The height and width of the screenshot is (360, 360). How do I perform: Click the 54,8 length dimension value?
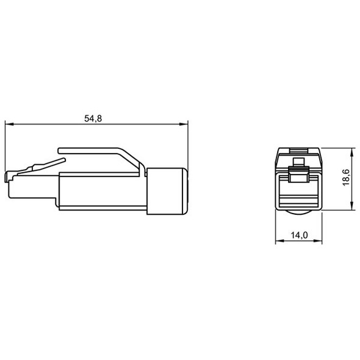pyautogui.click(x=92, y=118)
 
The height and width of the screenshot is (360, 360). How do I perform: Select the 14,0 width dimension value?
pyautogui.click(x=298, y=234)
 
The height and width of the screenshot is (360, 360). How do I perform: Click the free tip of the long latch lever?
pyautogui.click(x=59, y=148)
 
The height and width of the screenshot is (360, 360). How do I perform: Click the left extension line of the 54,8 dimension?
pyautogui.click(x=5, y=146)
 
